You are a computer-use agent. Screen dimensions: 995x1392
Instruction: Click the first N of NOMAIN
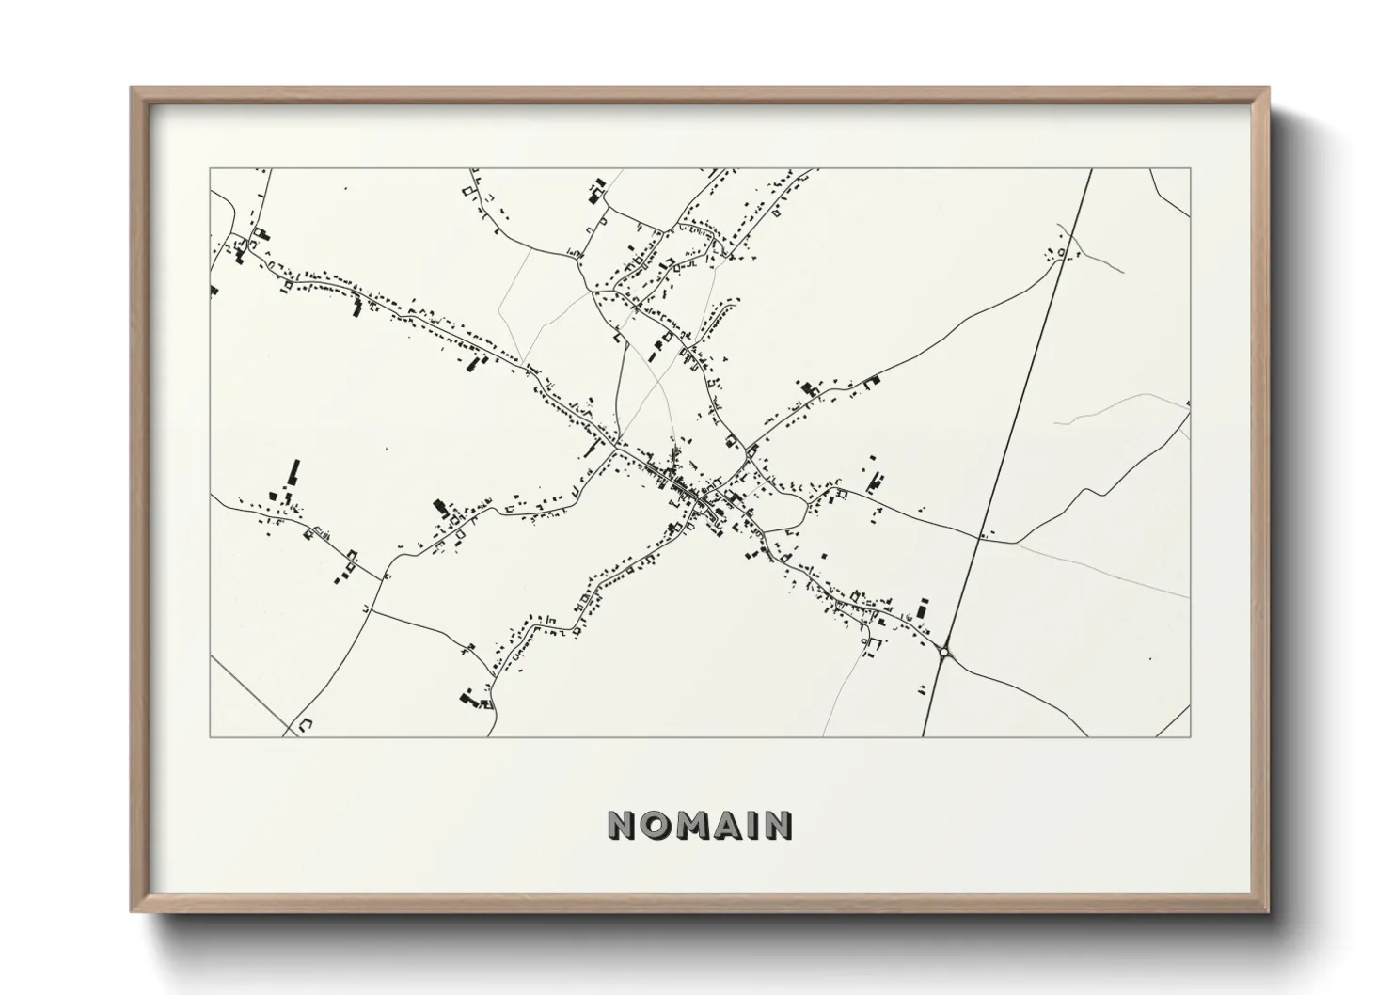[622, 826]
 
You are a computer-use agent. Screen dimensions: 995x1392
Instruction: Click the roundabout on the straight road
[944, 651]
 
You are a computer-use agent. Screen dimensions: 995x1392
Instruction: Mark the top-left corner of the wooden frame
[132, 88]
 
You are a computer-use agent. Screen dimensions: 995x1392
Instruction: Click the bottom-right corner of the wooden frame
[1269, 911]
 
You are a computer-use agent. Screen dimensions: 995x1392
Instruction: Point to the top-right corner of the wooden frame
[1269, 88]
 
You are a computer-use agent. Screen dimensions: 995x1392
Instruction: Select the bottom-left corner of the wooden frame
[132, 911]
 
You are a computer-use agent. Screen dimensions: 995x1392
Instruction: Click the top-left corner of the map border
[211, 169]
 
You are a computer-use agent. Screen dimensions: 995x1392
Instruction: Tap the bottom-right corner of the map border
[1190, 736]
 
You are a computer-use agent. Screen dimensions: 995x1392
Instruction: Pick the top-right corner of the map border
[1190, 169]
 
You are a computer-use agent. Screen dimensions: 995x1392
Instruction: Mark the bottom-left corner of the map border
[211, 736]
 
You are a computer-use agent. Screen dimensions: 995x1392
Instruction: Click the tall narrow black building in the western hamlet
[294, 472]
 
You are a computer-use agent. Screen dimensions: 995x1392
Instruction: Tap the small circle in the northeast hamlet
[1062, 252]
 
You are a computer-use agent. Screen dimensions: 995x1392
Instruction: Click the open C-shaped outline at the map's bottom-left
[304, 725]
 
